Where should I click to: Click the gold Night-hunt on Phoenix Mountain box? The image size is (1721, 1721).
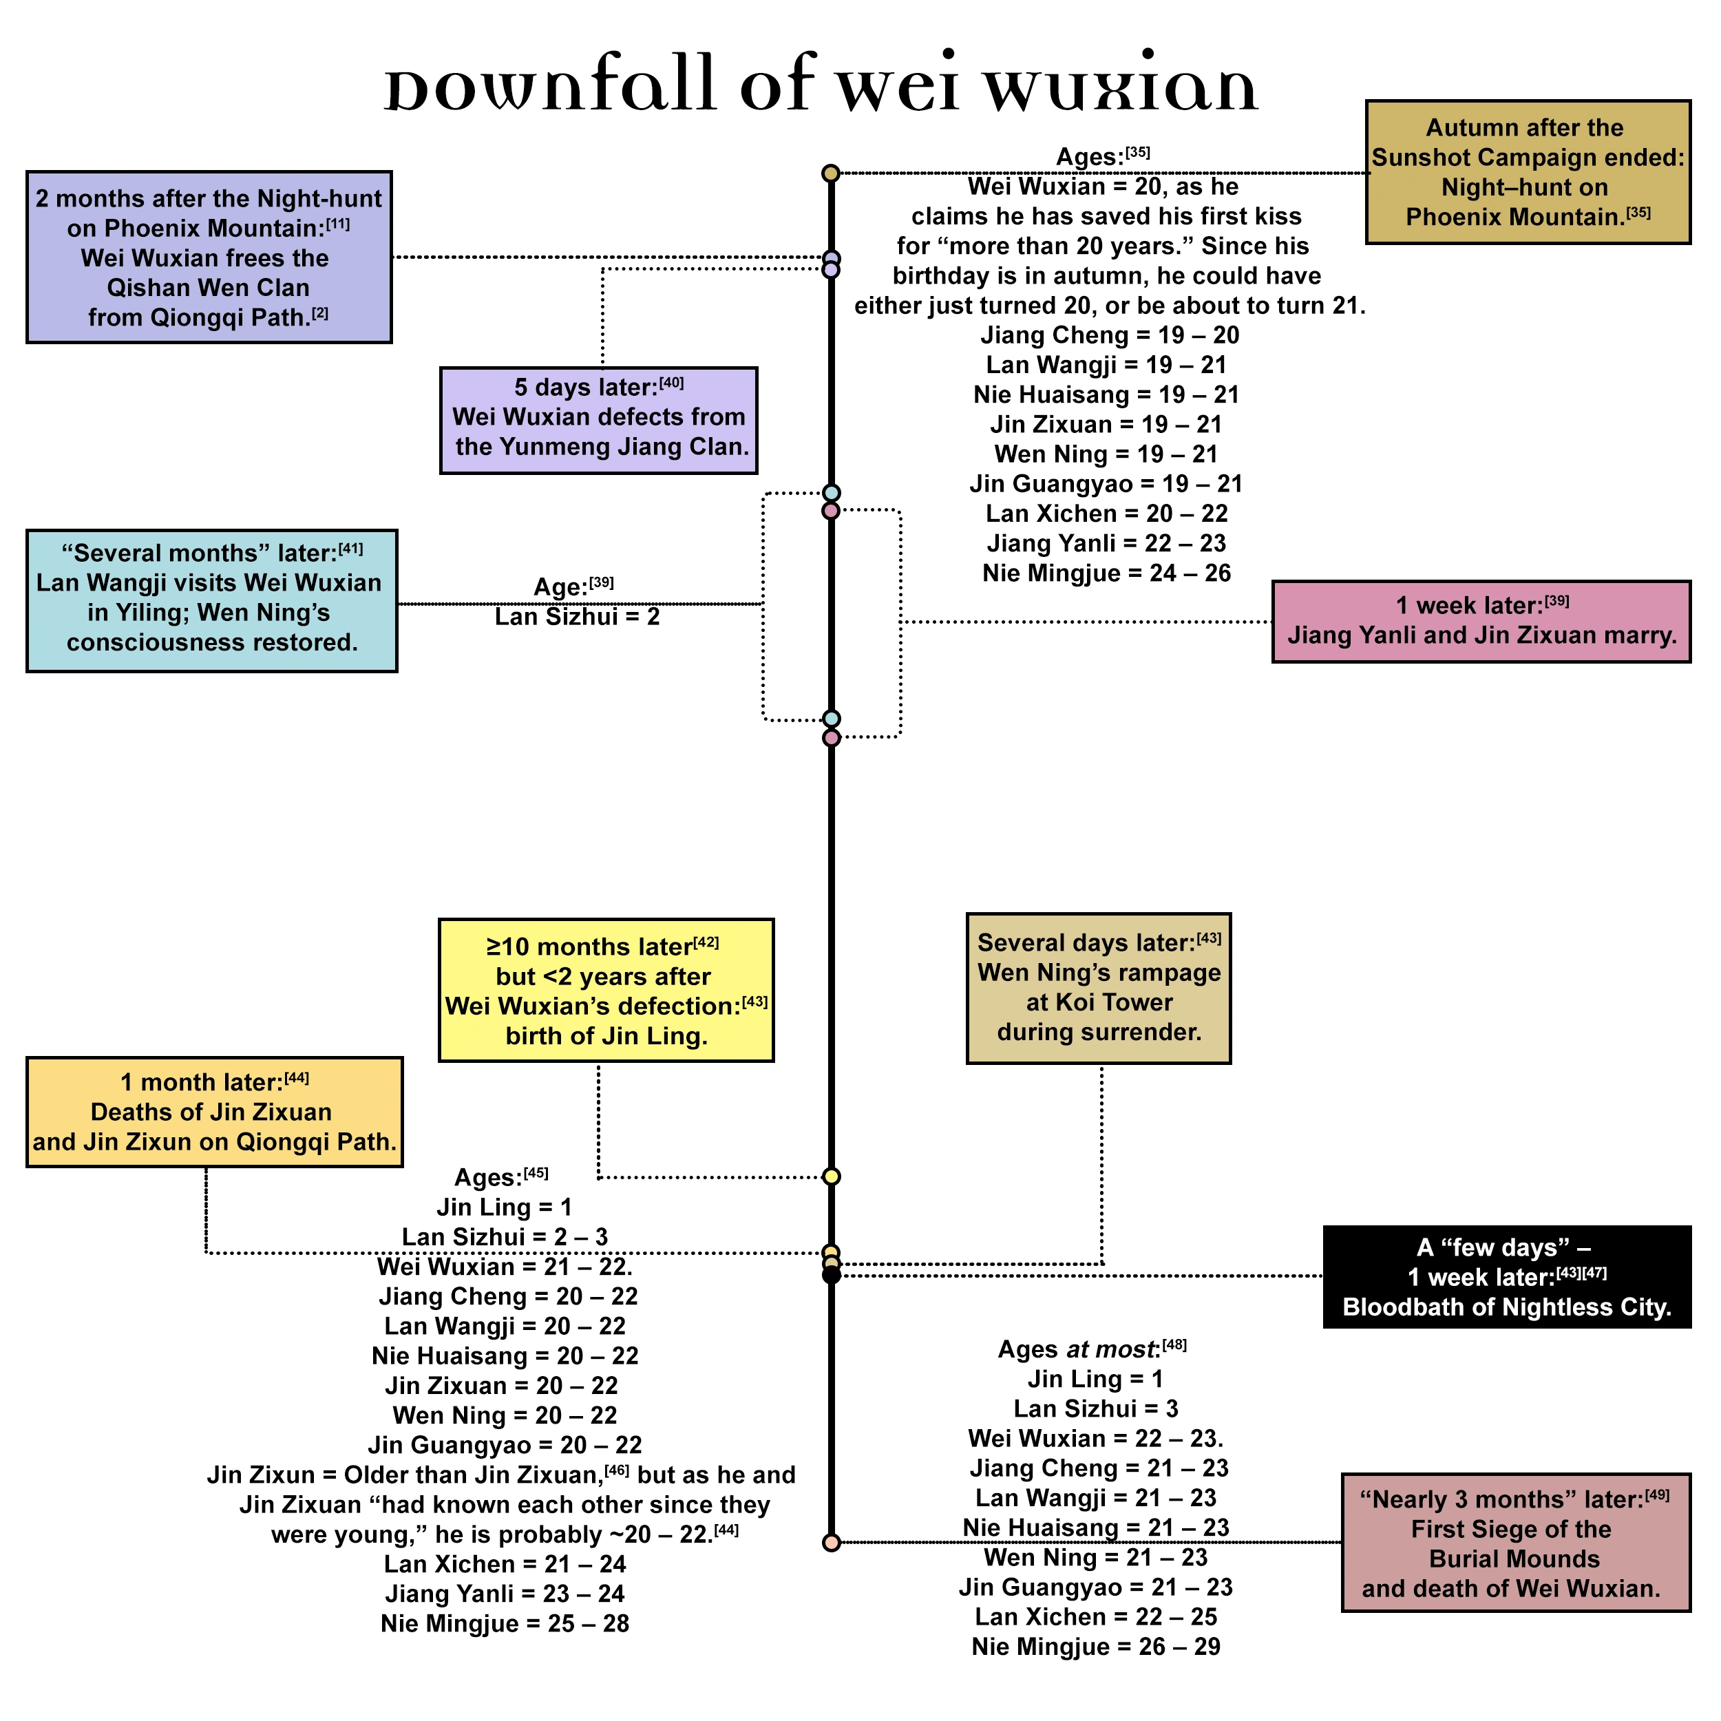pyautogui.click(x=1527, y=172)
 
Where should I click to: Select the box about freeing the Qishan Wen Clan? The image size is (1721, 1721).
pyautogui.click(x=209, y=257)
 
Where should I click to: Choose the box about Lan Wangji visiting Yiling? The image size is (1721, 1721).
pyautogui.click(x=211, y=600)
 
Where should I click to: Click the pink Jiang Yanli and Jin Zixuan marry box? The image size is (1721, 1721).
pyautogui.click(x=1481, y=622)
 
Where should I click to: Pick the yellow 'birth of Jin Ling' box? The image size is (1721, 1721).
pyautogui.click(x=606, y=990)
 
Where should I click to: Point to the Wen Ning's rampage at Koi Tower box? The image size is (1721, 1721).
pyautogui.click(x=1098, y=988)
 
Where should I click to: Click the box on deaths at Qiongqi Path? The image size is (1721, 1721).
pyautogui.click(x=214, y=1112)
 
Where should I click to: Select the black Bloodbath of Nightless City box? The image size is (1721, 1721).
pyautogui.click(x=1506, y=1276)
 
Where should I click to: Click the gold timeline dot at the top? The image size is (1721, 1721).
pyautogui.click(x=830, y=173)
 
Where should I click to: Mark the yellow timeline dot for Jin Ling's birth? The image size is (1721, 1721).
pyautogui.click(x=831, y=1176)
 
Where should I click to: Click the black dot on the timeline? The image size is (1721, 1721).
pyautogui.click(x=831, y=1276)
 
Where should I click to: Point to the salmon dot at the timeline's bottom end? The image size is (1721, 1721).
pyautogui.click(x=831, y=1543)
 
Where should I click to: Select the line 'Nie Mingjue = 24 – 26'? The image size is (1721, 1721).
pyautogui.click(x=1106, y=573)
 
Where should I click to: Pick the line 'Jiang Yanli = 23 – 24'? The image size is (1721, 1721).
pyautogui.click(x=505, y=1594)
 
